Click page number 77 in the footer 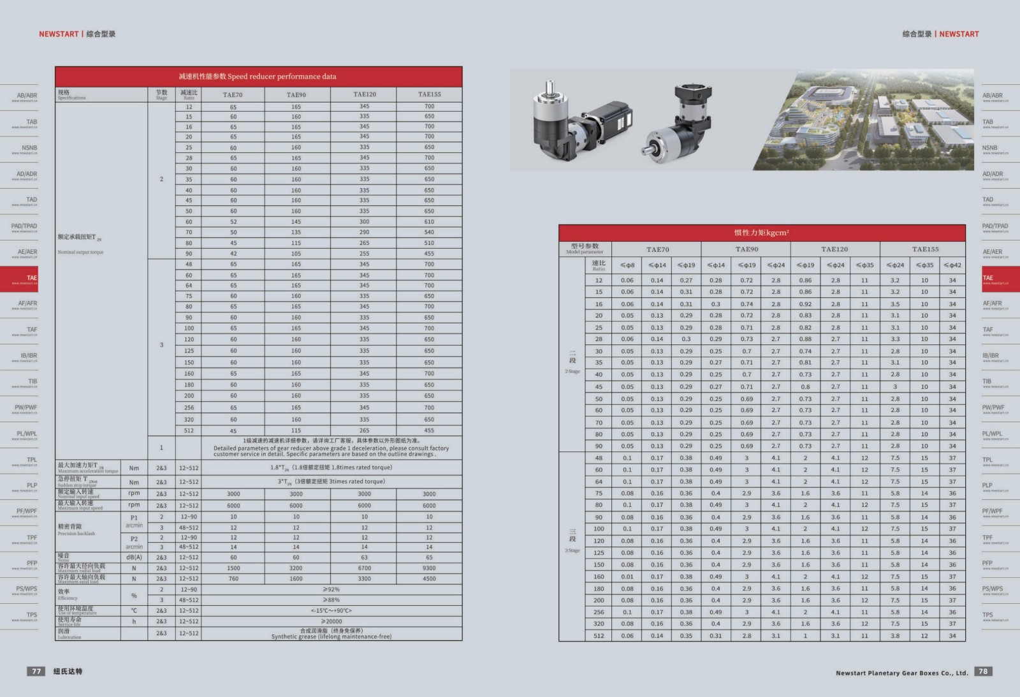37,671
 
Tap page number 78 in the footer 983,671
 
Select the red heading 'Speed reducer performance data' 258,77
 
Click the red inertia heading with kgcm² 761,233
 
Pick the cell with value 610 429,222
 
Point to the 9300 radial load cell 429,568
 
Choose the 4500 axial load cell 429,579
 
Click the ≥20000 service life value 331,621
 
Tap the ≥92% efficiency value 331,590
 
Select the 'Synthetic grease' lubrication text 331,636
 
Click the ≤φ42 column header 952,265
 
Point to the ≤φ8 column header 627,265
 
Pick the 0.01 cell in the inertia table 627,576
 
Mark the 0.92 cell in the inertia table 805,304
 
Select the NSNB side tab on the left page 29,148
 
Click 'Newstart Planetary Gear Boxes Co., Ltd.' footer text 901,673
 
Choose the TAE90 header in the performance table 296,95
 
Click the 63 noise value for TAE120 364,557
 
